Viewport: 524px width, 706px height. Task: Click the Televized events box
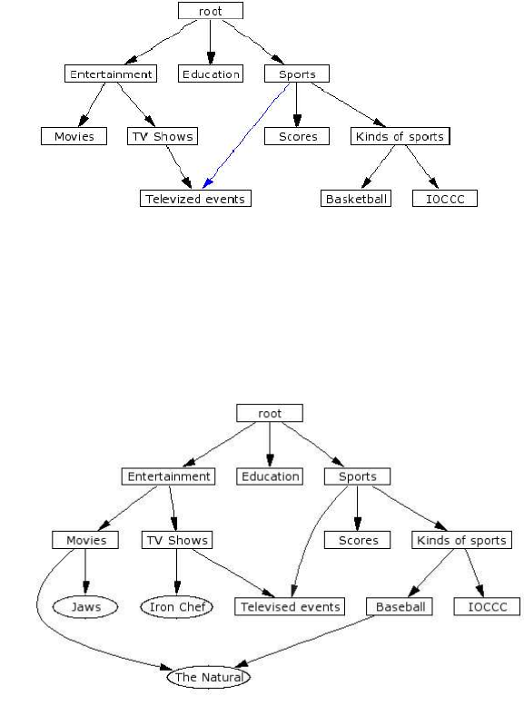(x=195, y=199)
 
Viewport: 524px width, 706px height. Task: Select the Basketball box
(x=356, y=199)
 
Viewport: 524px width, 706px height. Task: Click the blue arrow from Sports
(x=245, y=135)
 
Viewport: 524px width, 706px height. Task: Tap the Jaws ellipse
(x=85, y=607)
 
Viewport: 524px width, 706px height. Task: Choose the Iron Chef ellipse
(x=176, y=607)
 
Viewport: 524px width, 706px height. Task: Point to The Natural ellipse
(x=209, y=677)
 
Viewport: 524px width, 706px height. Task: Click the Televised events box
(x=290, y=606)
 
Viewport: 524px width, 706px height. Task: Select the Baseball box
(x=400, y=606)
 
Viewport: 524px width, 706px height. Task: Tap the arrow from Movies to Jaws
(x=85, y=572)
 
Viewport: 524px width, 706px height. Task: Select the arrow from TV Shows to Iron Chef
(x=176, y=572)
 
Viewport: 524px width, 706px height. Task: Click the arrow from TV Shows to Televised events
(x=233, y=574)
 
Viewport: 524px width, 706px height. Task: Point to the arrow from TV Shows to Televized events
(x=179, y=167)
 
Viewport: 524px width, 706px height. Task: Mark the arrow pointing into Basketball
(x=379, y=167)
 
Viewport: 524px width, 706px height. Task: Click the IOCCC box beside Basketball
(x=445, y=199)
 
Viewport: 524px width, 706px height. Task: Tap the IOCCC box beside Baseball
(x=487, y=606)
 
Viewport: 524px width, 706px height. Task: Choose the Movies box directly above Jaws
(x=85, y=540)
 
